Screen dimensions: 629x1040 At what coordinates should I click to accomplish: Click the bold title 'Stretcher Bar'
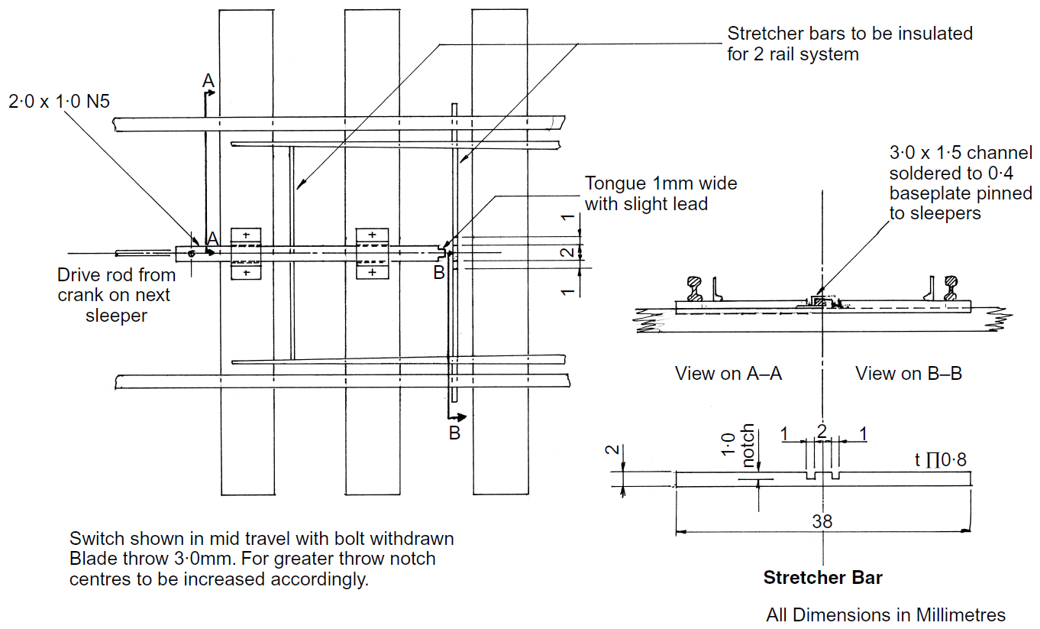coord(822,578)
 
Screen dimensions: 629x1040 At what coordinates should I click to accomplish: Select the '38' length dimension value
coord(822,521)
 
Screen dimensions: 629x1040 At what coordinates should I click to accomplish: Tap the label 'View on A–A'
coord(728,374)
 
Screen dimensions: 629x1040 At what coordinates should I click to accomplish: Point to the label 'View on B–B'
coord(909,374)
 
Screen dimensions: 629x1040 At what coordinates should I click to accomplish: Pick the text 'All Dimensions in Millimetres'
coord(886,614)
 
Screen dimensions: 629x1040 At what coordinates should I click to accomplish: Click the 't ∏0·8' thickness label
coord(941,460)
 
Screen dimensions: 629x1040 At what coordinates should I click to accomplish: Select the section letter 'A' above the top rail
coord(207,79)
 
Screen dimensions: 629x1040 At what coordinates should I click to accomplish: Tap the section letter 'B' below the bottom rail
coord(454,433)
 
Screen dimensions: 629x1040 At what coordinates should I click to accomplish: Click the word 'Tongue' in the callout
coord(613,184)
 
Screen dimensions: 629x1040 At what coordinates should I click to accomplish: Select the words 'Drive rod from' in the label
coord(116,275)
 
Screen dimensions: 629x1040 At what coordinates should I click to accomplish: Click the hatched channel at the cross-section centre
coord(819,303)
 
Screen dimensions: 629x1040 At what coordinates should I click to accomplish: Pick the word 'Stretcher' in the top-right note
coord(764,34)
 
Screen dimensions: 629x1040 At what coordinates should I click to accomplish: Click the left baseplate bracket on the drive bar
coord(246,253)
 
